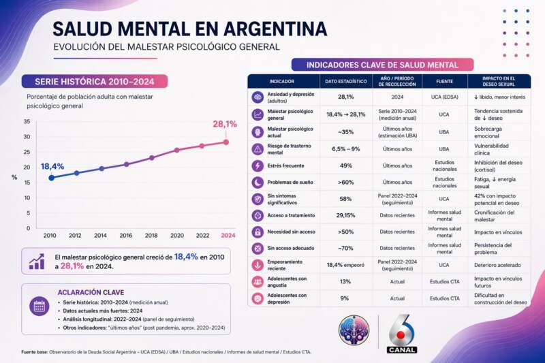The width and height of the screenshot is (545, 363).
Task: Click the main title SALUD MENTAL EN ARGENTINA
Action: coord(189,29)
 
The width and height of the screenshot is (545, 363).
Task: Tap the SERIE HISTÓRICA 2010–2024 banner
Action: coord(89,81)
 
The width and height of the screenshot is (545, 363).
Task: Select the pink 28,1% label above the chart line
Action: coord(224,125)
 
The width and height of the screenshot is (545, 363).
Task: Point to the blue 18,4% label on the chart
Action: coord(52,166)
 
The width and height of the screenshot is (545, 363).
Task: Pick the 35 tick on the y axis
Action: coord(27,122)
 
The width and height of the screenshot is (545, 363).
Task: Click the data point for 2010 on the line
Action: coord(51,178)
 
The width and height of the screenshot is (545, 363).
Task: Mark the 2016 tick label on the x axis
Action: coord(126,235)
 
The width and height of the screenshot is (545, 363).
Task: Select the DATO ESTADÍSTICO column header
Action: coord(345,80)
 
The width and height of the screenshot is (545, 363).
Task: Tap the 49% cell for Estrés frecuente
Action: coord(345,165)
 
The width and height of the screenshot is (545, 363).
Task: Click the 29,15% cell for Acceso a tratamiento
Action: coord(345,215)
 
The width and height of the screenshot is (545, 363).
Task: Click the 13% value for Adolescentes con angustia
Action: coord(345,281)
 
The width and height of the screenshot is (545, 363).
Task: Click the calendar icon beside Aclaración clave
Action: coord(40,306)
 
